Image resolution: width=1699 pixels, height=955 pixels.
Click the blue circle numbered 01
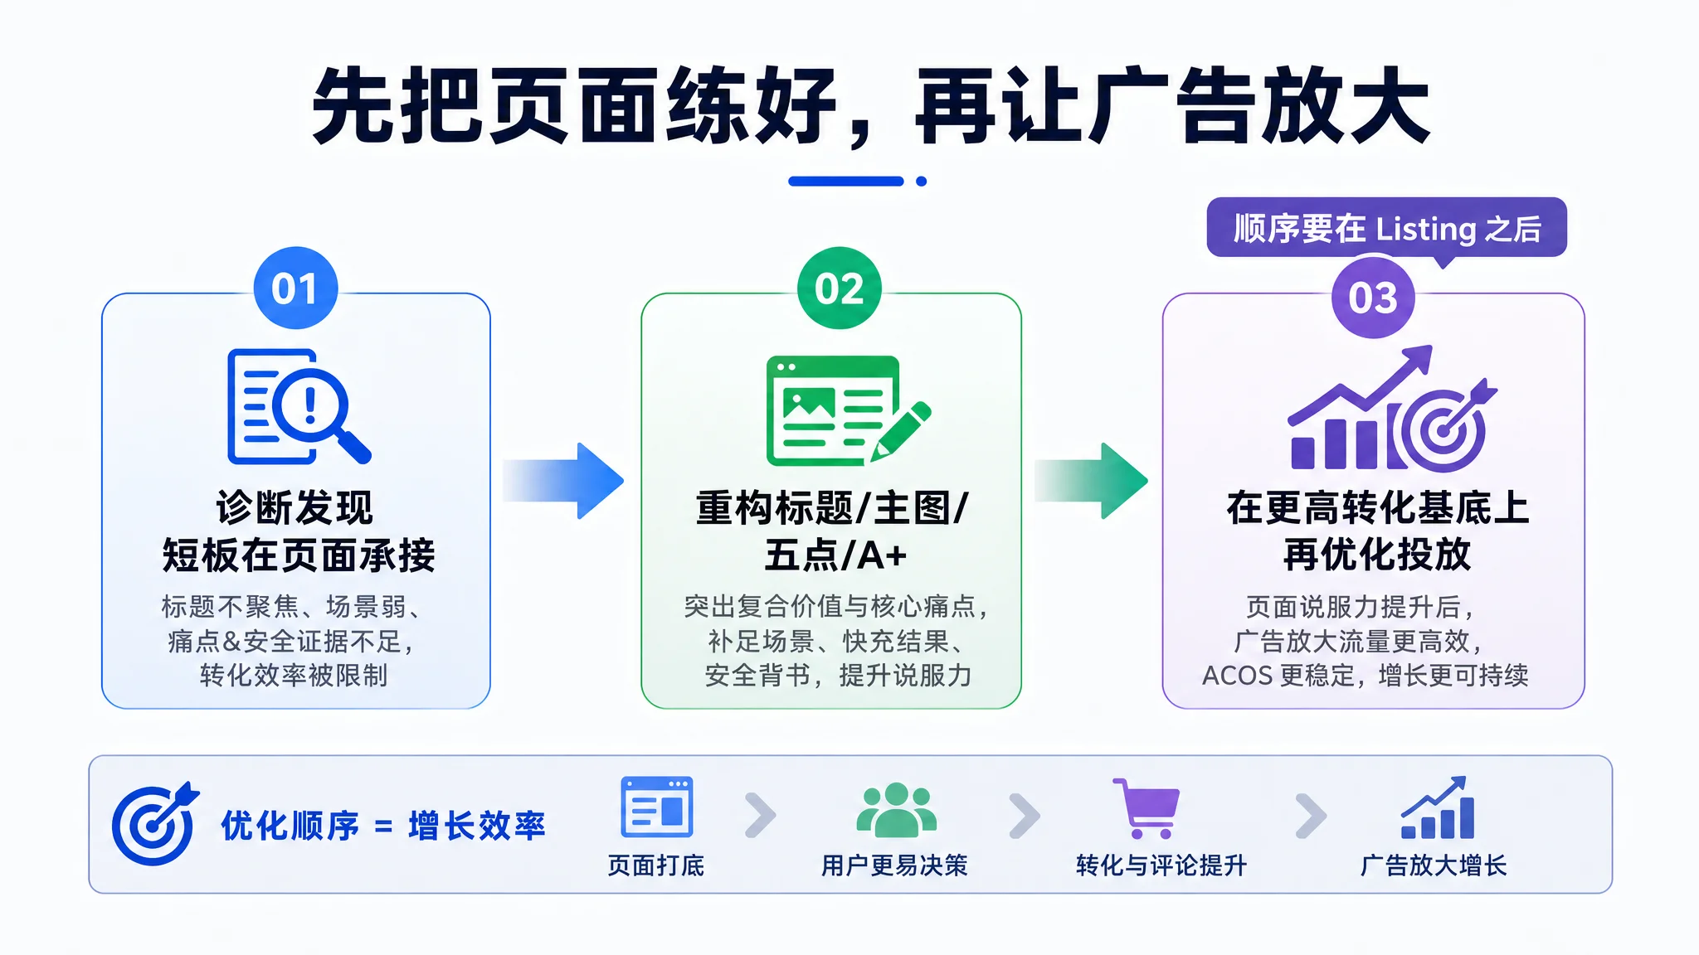tap(295, 288)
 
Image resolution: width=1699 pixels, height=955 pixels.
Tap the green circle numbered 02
tap(839, 288)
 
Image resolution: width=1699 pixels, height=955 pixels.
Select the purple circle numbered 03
tap(1373, 297)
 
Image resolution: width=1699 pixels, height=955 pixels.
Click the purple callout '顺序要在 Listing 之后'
tap(1386, 229)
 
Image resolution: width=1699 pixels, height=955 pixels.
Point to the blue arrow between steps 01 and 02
tap(563, 481)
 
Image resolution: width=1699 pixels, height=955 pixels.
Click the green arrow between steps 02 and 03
tap(1091, 481)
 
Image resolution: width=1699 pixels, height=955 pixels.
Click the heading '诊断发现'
tap(295, 507)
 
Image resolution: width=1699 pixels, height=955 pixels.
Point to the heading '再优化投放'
tap(1377, 555)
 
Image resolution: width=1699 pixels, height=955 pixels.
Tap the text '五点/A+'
tap(835, 555)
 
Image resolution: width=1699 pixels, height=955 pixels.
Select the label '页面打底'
tap(656, 865)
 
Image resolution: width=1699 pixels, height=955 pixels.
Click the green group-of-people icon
tap(896, 810)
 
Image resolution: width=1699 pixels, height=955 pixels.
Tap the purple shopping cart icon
tap(1146, 808)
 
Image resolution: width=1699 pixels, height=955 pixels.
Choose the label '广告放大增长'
tap(1434, 865)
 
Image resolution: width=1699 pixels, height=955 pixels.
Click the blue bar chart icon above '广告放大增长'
tap(1438, 807)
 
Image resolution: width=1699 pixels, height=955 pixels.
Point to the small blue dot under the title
tap(921, 182)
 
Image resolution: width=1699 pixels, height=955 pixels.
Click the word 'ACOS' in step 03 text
tap(1237, 676)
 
